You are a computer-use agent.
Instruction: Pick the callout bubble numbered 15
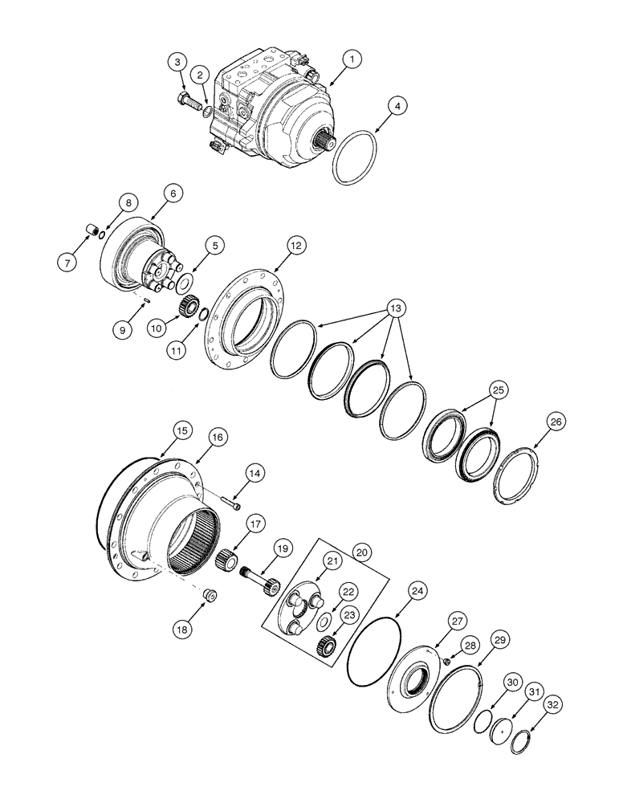point(182,431)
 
